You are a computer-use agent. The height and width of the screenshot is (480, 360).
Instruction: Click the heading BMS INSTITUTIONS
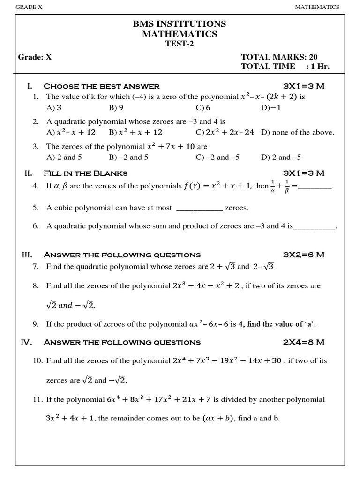[x=180, y=24]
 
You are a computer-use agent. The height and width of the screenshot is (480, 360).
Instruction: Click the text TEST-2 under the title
[x=180, y=44]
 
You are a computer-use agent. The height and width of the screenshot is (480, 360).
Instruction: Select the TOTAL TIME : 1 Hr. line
[x=285, y=67]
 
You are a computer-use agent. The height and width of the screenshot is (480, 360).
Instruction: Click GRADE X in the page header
[x=29, y=7]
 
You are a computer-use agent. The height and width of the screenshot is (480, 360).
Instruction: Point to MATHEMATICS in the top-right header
[x=316, y=7]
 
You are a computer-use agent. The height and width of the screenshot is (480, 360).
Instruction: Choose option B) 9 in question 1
[x=116, y=108]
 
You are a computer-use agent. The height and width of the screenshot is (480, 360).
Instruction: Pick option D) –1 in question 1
[x=271, y=108]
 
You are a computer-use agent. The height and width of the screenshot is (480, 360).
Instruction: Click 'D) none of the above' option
[x=298, y=132]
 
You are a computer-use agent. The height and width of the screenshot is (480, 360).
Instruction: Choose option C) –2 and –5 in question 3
[x=217, y=157]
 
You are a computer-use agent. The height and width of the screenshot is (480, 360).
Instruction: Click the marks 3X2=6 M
[x=304, y=255]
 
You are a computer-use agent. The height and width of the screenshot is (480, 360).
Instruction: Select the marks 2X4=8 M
[x=304, y=342]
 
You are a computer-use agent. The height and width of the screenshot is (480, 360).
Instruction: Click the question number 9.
[x=35, y=324]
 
